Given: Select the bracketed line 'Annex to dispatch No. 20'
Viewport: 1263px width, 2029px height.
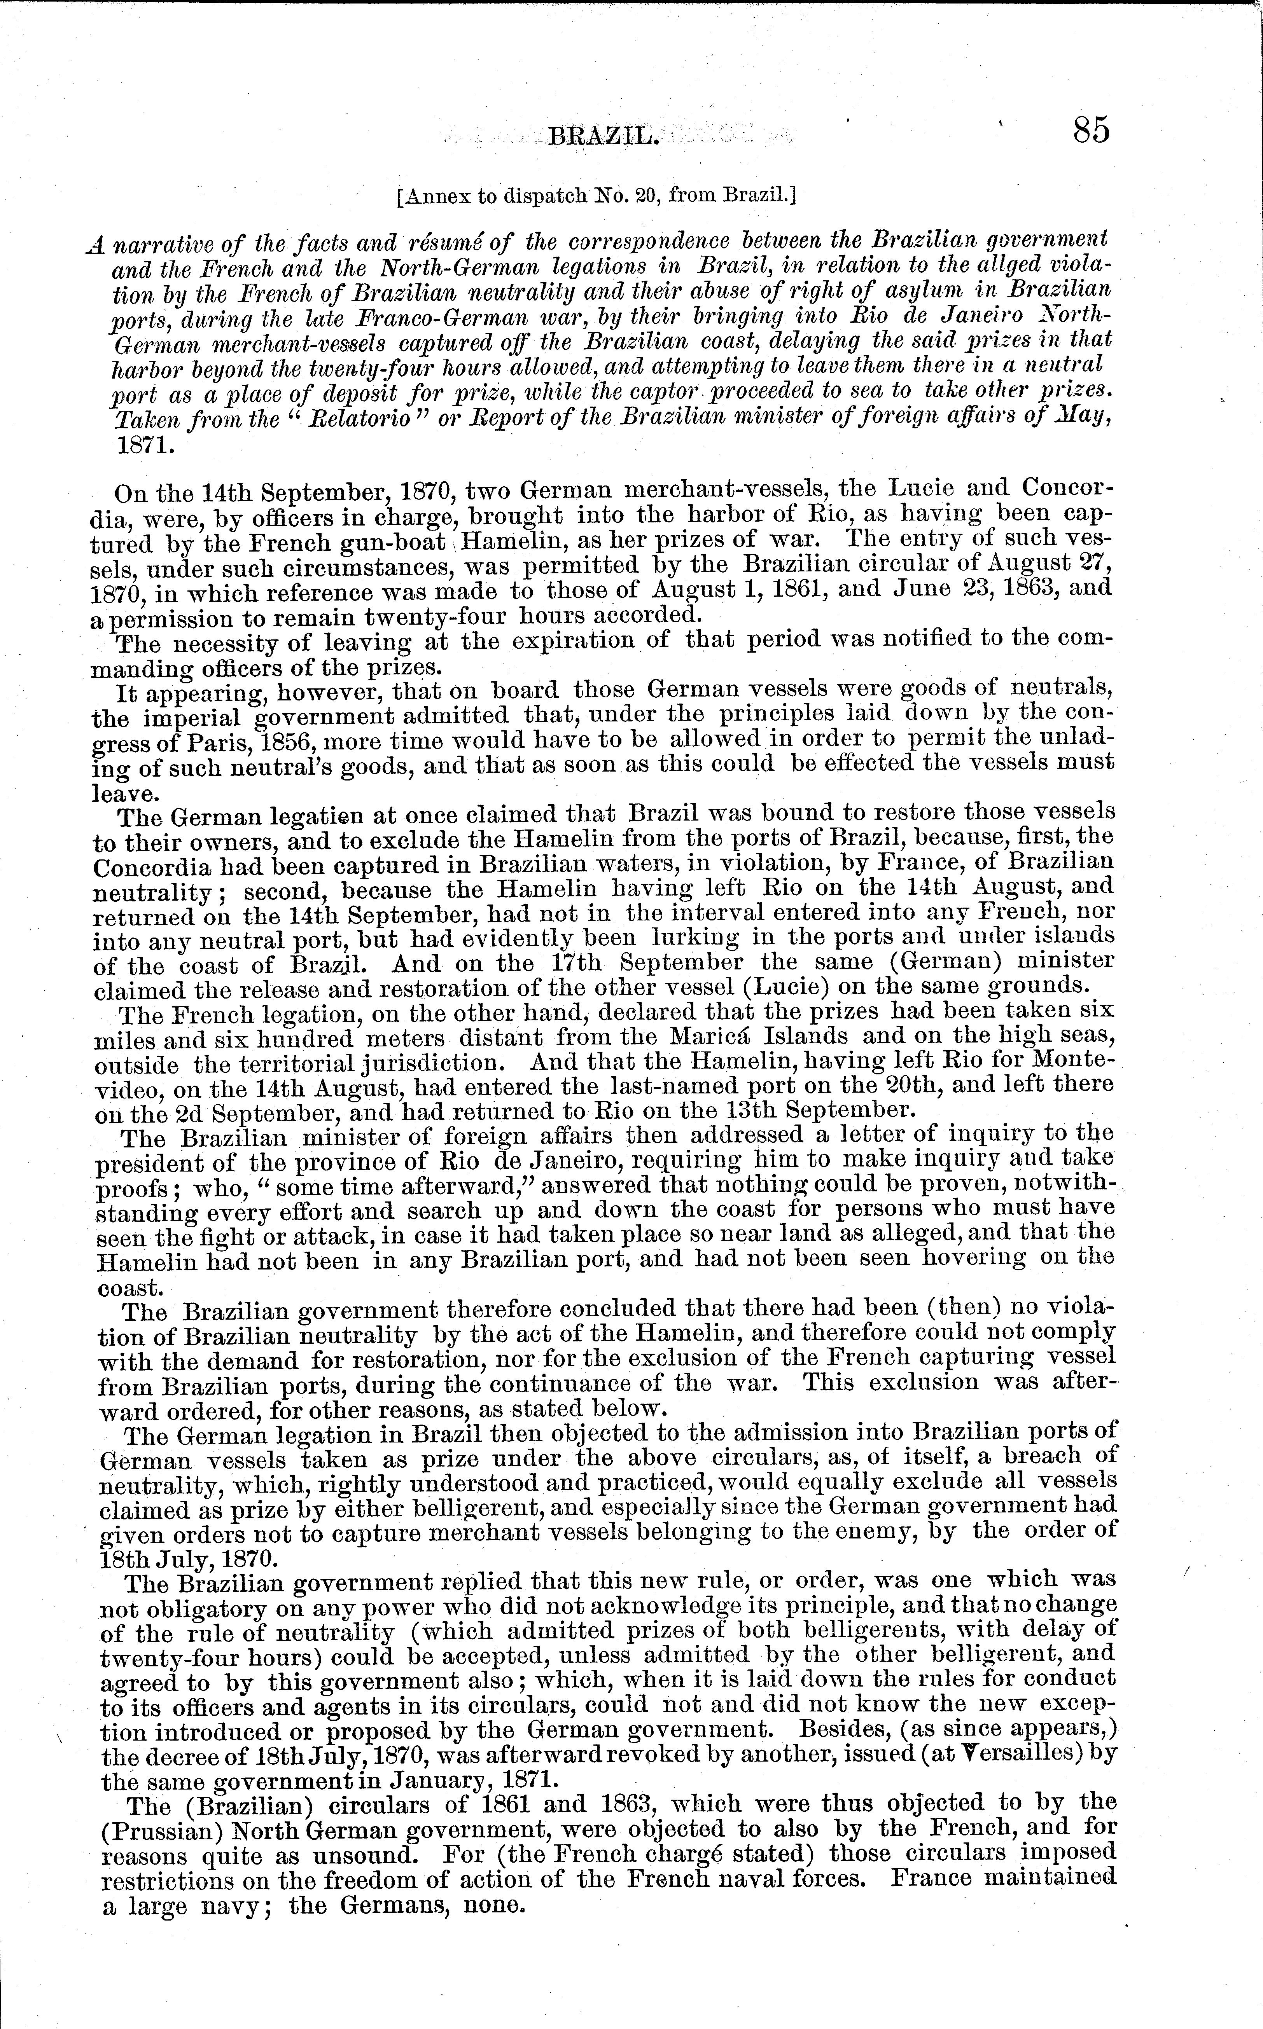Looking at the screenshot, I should (597, 197).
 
